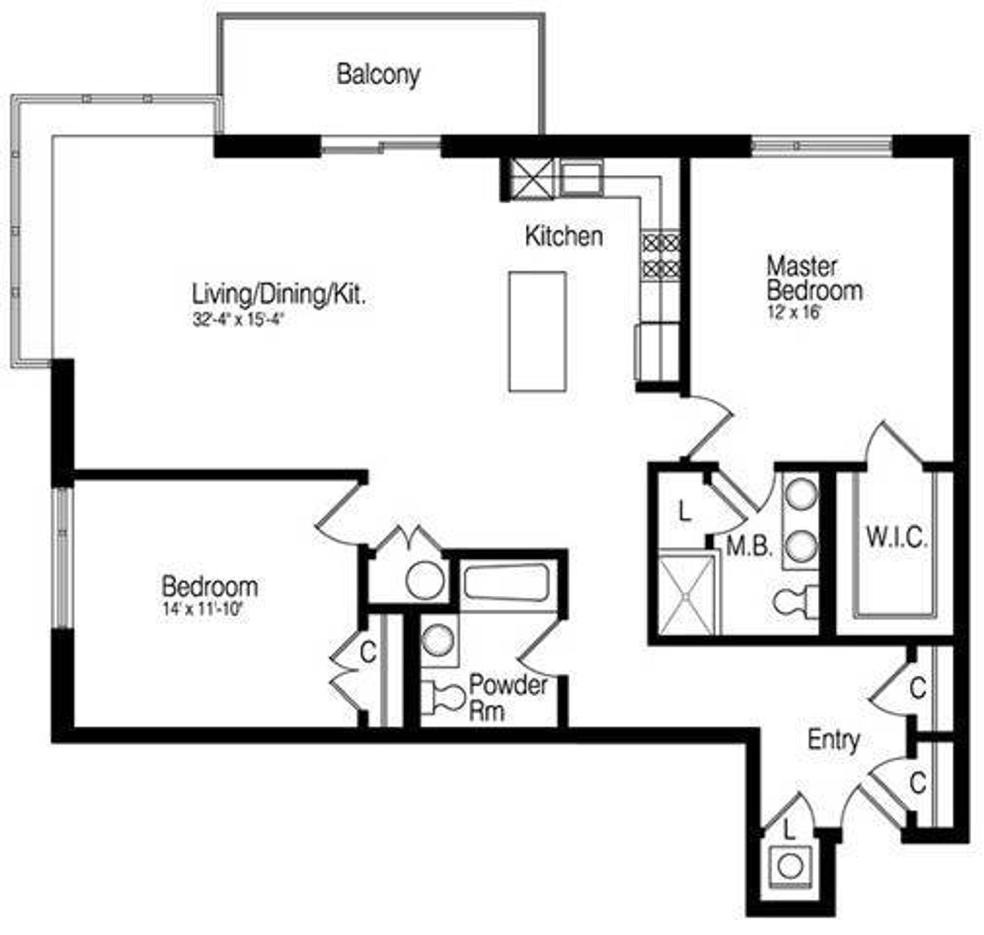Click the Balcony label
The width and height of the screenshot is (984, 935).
coord(378,75)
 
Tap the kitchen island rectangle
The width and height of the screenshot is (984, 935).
coord(537,331)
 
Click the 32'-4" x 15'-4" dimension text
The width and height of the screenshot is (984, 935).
coord(238,320)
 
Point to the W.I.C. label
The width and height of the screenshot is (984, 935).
coord(896,538)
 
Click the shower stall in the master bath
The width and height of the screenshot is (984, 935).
coord(686,594)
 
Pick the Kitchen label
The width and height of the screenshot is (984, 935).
coord(564,237)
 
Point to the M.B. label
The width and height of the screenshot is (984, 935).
coord(749,547)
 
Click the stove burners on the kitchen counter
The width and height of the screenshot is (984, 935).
coord(661,255)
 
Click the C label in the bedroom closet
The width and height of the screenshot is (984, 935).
coord(368,652)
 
